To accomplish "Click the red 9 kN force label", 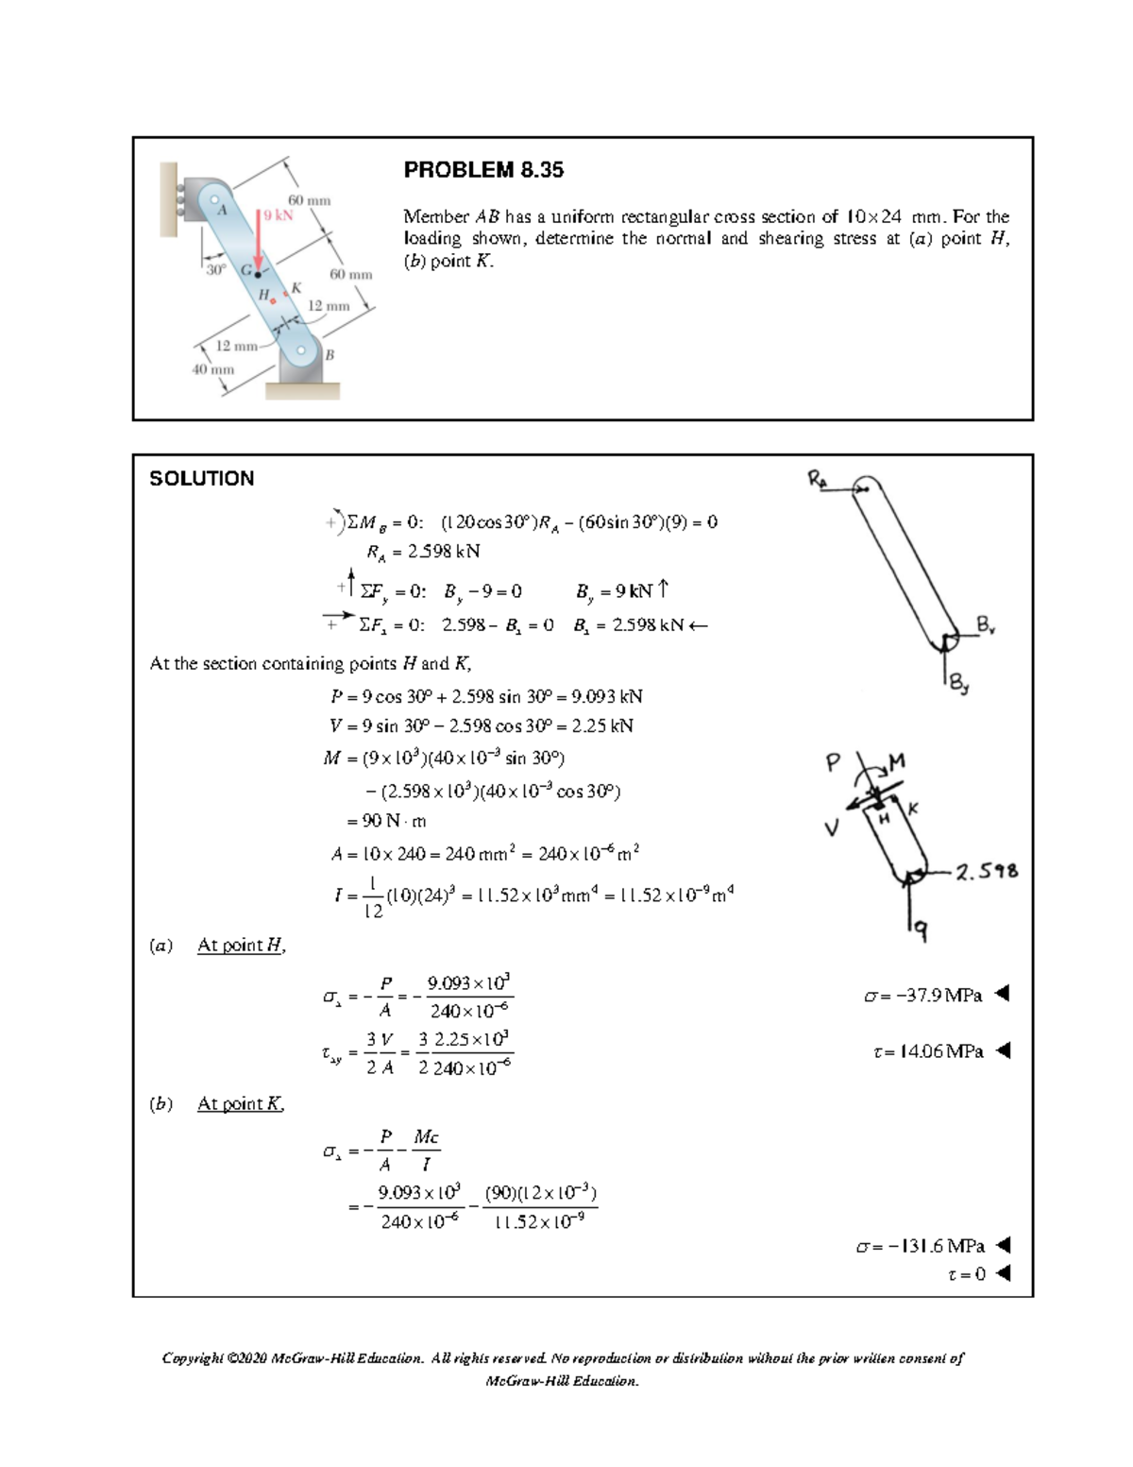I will click(279, 214).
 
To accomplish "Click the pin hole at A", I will click(215, 199).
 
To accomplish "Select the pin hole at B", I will click(302, 350).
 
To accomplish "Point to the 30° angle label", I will click(216, 269).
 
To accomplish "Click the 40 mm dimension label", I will click(212, 369).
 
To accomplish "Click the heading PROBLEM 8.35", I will click(483, 170).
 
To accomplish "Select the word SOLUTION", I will click(202, 479).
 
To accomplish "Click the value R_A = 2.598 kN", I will click(423, 551).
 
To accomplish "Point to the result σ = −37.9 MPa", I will click(923, 995).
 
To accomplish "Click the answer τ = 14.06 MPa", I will click(929, 1051).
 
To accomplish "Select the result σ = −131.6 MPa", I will click(920, 1246).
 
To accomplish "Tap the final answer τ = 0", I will click(966, 1274).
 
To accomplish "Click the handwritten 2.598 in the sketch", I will click(987, 871).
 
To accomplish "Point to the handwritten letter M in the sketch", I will click(897, 760).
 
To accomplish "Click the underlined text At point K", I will click(241, 1103).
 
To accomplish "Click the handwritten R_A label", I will click(817, 477).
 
